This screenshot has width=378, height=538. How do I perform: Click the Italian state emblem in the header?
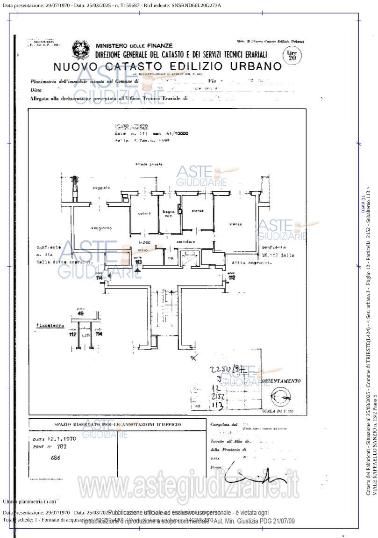[x=81, y=50]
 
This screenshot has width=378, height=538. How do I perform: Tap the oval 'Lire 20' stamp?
[x=292, y=56]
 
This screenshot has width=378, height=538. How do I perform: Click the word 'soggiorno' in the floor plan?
[x=101, y=228]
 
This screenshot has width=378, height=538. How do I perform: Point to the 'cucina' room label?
[x=144, y=213]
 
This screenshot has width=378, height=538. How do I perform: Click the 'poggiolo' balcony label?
[x=101, y=188]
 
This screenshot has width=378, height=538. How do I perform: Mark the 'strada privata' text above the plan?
[x=149, y=164]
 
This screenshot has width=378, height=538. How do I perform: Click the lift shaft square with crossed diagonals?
[x=190, y=259]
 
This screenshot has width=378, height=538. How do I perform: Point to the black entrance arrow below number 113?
[x=137, y=270]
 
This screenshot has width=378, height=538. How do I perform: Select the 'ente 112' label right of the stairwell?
[x=232, y=276]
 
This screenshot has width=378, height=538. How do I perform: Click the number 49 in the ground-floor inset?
[x=80, y=313]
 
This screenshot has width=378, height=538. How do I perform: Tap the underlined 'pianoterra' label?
[x=50, y=325]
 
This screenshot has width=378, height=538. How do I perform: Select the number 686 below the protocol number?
[x=55, y=458]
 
